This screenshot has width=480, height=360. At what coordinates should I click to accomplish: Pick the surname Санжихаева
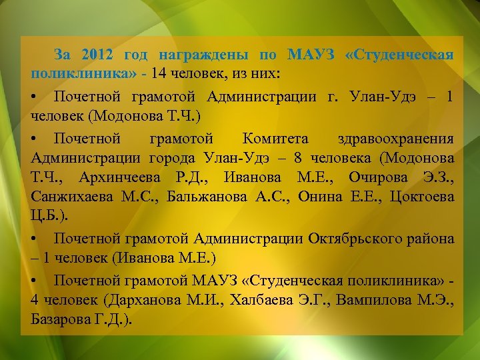pyautogui.click(x=71, y=197)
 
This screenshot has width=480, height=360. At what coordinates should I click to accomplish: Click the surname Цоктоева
pyautogui.click(x=421, y=197)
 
